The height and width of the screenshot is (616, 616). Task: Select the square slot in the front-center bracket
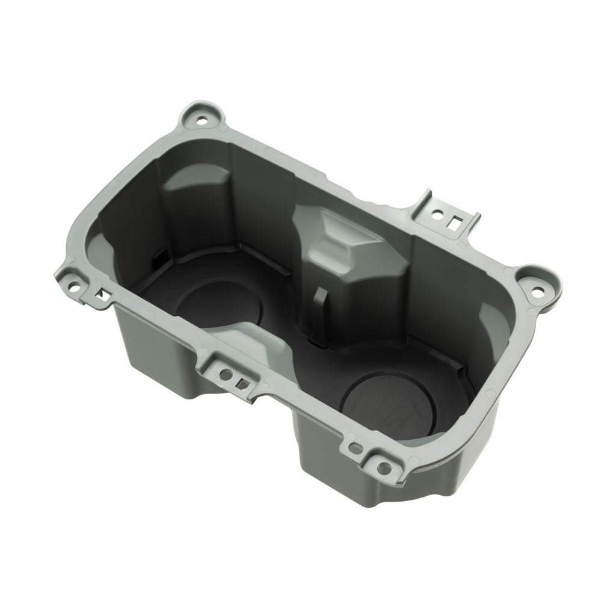pyautogui.click(x=242, y=381)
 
